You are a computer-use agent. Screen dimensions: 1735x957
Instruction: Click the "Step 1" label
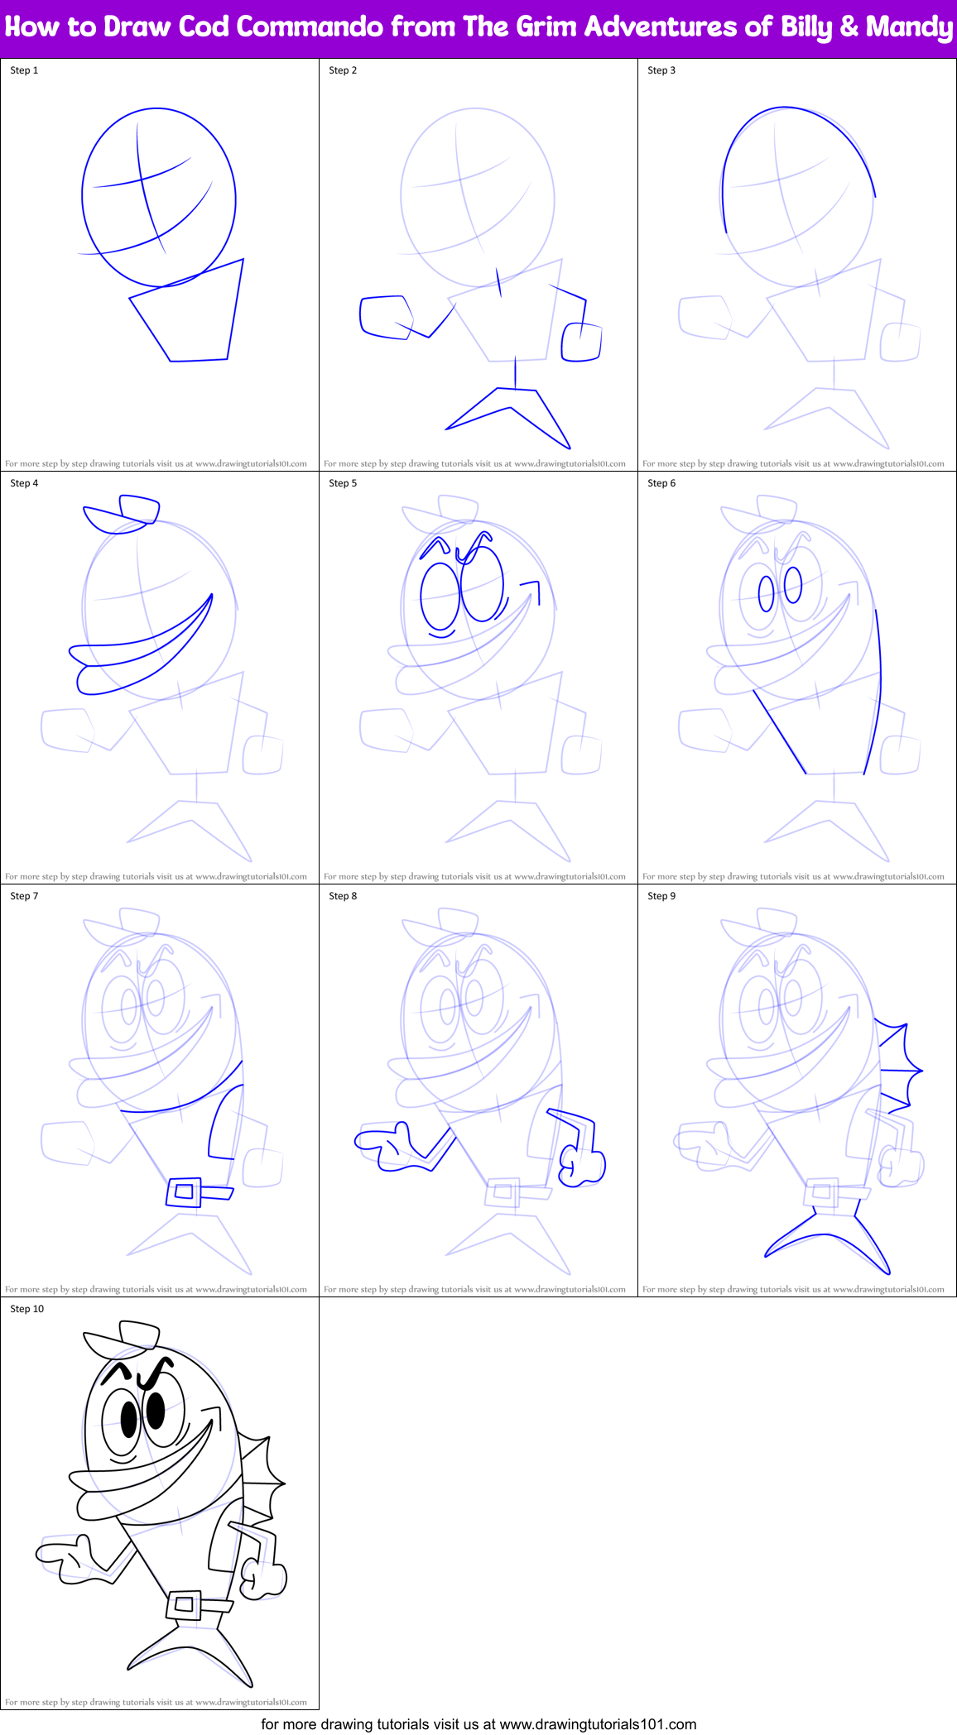(x=24, y=70)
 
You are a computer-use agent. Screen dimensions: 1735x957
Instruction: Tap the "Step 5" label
(x=343, y=483)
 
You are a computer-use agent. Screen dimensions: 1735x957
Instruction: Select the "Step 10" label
(x=27, y=1309)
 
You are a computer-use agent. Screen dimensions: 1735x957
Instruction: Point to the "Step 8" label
(x=343, y=896)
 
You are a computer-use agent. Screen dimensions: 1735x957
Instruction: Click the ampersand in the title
(x=849, y=27)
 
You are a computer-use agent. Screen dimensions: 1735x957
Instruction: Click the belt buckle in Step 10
(x=184, y=1604)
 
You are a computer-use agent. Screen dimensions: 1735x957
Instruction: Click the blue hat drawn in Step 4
(x=123, y=513)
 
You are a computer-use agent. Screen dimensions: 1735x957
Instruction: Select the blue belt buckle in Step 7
(x=184, y=1191)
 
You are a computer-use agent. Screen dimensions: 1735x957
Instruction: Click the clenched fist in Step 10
(x=265, y=1576)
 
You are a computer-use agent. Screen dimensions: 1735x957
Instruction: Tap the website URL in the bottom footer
(x=598, y=1724)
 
